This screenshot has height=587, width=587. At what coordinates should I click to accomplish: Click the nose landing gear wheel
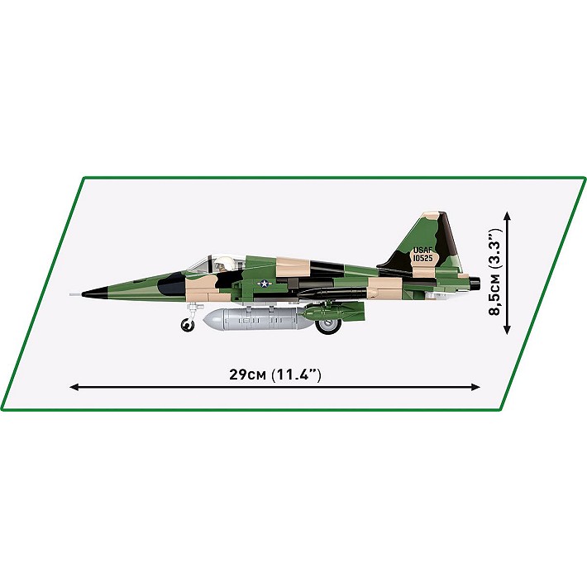189,324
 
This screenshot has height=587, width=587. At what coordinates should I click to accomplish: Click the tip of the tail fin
439,215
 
